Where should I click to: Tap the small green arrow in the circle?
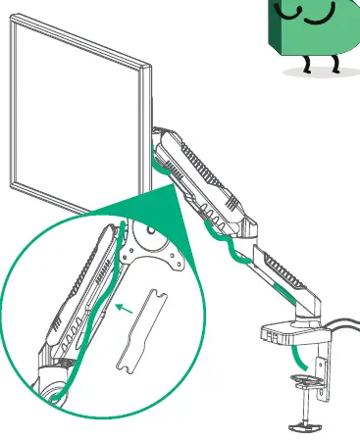124,308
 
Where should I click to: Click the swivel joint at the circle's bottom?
53,377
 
